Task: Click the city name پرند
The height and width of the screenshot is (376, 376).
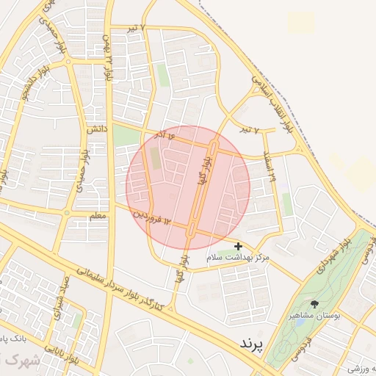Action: (250, 344)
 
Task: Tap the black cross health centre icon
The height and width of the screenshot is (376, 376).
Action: (237, 246)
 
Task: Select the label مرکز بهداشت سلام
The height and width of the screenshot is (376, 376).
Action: (239, 258)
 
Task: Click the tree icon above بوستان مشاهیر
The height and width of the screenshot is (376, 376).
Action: (315, 304)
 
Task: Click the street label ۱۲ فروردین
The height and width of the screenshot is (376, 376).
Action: (151, 217)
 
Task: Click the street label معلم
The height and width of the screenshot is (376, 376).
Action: (97, 216)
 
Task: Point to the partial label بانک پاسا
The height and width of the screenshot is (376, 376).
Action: (15, 341)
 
